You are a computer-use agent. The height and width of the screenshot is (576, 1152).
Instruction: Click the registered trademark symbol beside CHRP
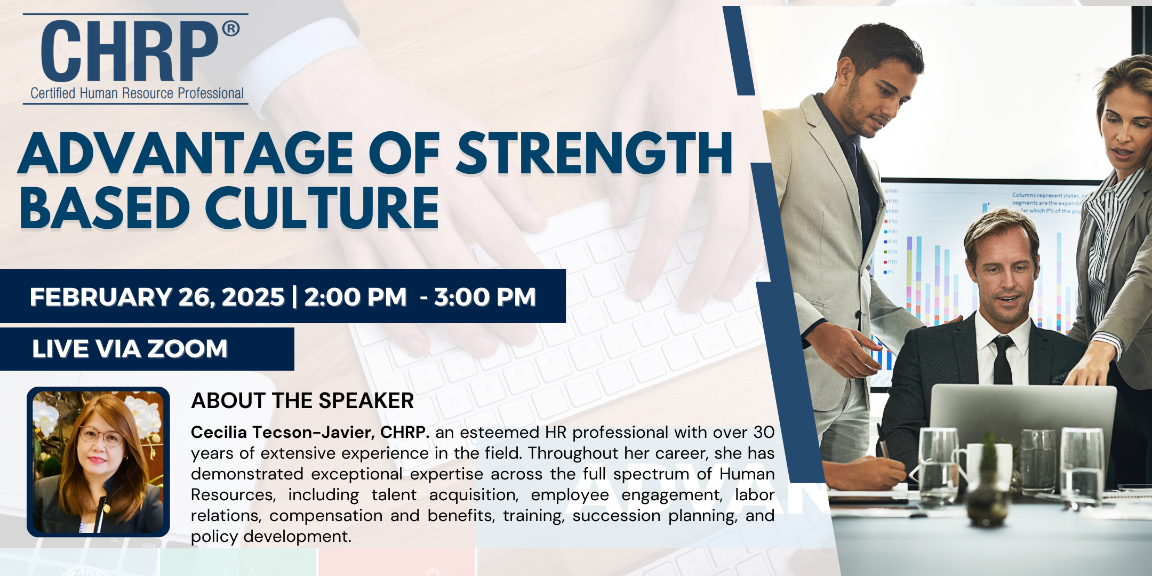(230, 28)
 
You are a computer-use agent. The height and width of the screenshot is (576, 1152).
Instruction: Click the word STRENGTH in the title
(595, 154)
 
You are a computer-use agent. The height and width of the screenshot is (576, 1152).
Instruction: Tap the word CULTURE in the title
(322, 208)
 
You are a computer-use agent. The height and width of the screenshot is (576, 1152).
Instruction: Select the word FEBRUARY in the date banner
(101, 297)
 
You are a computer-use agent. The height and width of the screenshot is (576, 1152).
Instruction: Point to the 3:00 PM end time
(485, 297)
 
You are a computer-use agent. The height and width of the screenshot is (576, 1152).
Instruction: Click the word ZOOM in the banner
(187, 349)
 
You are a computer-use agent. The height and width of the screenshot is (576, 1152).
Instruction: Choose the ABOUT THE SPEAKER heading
(302, 401)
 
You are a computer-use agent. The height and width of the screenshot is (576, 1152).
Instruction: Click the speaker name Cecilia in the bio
(219, 432)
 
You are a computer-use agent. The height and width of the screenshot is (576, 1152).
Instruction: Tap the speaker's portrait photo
(98, 462)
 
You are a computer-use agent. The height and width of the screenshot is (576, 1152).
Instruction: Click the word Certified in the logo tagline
(53, 93)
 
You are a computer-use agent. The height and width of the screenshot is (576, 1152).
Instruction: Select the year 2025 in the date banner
(253, 297)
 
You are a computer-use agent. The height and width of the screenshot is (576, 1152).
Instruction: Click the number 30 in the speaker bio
(764, 432)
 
